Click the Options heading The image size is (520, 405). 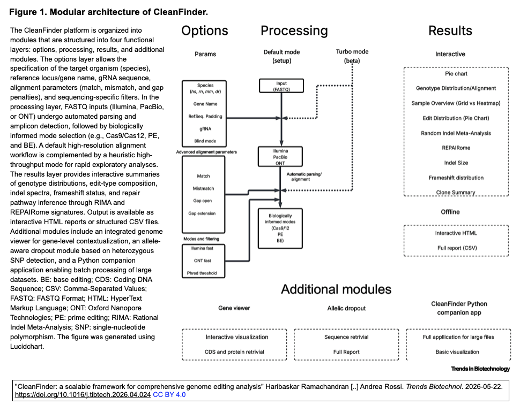click(x=205, y=31)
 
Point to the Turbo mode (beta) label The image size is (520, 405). click(x=352, y=56)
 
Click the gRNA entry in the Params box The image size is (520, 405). click(x=205, y=129)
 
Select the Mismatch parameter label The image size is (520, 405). click(x=203, y=188)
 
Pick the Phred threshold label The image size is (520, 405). click(x=202, y=273)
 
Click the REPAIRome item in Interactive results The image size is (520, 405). click(x=456, y=148)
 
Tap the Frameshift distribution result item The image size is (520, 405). click(x=456, y=178)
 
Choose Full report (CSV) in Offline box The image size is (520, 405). click(x=457, y=248)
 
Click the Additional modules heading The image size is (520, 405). click(x=336, y=289)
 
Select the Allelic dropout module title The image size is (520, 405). click(x=346, y=308)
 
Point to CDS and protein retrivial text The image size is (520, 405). click(x=234, y=351)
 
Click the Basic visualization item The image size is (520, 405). click(x=457, y=351)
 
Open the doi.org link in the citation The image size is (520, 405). click(x=83, y=395)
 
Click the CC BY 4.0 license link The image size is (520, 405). click(x=169, y=395)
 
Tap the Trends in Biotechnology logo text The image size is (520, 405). click(x=480, y=369)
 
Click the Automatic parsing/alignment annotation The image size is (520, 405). click(x=304, y=177)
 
